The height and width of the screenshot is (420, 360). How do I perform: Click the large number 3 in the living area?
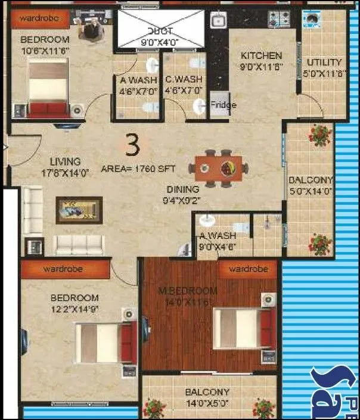pyautogui.click(x=133, y=145)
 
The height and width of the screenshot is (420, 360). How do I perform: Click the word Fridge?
pyautogui.click(x=224, y=105)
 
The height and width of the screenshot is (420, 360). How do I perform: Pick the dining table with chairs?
pyautogui.click(x=221, y=168)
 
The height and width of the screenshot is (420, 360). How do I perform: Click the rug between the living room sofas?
pyautogui.click(x=79, y=209)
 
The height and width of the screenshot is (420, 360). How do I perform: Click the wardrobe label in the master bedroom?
pyautogui.click(x=247, y=269)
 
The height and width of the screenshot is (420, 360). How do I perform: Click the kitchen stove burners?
pyautogui.click(x=279, y=18)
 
